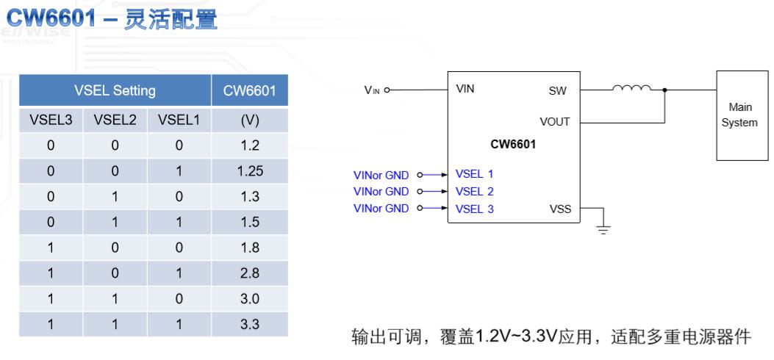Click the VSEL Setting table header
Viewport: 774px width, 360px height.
(115, 91)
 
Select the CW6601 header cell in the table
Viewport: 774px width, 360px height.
(250, 91)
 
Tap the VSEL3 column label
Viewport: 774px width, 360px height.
(51, 120)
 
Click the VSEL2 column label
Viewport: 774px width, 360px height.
(115, 120)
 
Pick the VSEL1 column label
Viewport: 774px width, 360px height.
(179, 120)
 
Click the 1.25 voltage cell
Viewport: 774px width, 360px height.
(250, 171)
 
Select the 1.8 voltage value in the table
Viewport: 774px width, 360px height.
(250, 248)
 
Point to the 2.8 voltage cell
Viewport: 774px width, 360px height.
(250, 273)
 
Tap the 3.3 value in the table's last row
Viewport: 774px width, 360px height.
(250, 325)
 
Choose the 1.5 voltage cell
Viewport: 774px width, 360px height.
(250, 222)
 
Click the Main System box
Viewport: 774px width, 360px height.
(742, 115)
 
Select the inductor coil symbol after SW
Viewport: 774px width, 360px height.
(632, 88)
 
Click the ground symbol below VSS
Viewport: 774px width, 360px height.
(603, 229)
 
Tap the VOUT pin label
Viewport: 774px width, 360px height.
(555, 122)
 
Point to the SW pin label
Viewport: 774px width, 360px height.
(557, 91)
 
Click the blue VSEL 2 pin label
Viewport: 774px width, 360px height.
(474, 191)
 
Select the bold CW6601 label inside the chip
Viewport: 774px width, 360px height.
(513, 145)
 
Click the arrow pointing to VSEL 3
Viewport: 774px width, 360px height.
(435, 208)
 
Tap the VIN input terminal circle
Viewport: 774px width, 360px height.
(387, 90)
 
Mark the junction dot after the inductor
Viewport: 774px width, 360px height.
(665, 90)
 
